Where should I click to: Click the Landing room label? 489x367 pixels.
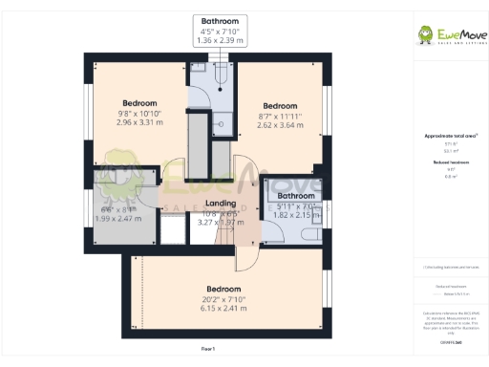[x=222, y=204]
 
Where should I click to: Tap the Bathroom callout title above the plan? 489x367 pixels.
[x=220, y=21]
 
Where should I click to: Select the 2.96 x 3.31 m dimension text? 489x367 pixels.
[x=139, y=122]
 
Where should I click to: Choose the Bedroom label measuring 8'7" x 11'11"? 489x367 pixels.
[x=280, y=105]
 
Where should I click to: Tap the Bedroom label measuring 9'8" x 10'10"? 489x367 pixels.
[x=139, y=103]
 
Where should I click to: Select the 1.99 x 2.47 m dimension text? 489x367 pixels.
[x=118, y=219]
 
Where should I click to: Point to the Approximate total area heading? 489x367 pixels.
[x=450, y=137]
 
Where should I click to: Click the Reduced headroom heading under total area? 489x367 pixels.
[x=450, y=163]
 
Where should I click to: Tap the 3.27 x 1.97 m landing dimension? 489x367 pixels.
[x=222, y=222]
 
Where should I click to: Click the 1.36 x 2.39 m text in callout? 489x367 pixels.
[x=220, y=42]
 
